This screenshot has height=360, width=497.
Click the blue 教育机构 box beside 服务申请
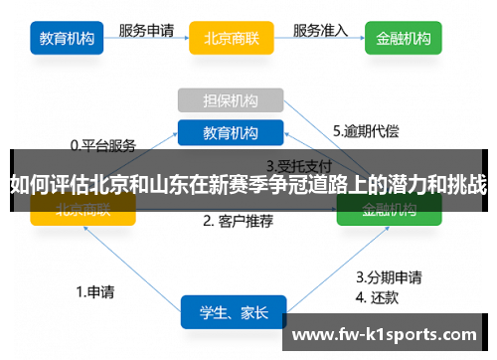coord(68,39)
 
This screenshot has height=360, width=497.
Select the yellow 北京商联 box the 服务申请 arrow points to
coord(232,39)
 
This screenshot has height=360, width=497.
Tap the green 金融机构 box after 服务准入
coord(404,39)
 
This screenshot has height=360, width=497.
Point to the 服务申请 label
coord(148,30)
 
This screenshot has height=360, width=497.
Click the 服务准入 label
coord(320,30)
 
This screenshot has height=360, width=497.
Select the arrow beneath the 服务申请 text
coord(148,43)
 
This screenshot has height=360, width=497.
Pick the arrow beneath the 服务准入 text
coord(320,43)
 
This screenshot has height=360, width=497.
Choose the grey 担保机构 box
coord(232,99)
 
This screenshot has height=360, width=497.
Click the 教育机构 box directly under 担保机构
coord(232,131)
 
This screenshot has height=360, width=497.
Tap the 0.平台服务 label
coord(102,144)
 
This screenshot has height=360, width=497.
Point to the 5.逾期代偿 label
coord(366,130)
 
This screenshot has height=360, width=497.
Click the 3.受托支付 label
coord(298,165)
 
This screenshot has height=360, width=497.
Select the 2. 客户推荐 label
coord(238,221)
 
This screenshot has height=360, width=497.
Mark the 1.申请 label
coord(95,292)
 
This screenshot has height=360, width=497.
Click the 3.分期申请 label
coord(390,276)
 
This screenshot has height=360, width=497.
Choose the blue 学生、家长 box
coord(234,312)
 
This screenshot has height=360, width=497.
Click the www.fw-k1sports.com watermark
coord(388,334)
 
